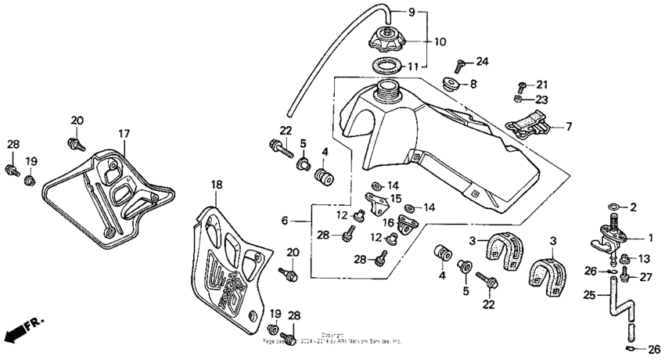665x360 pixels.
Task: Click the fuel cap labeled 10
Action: tap(386, 39)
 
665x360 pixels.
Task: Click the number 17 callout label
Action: tap(124, 134)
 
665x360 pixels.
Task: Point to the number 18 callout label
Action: tap(217, 185)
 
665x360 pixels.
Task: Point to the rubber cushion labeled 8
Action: tap(451, 82)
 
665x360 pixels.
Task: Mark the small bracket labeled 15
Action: tap(379, 203)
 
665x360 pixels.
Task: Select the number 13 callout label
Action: tap(645, 259)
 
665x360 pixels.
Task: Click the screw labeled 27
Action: tap(625, 275)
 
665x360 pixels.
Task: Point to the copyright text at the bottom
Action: tap(332, 339)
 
